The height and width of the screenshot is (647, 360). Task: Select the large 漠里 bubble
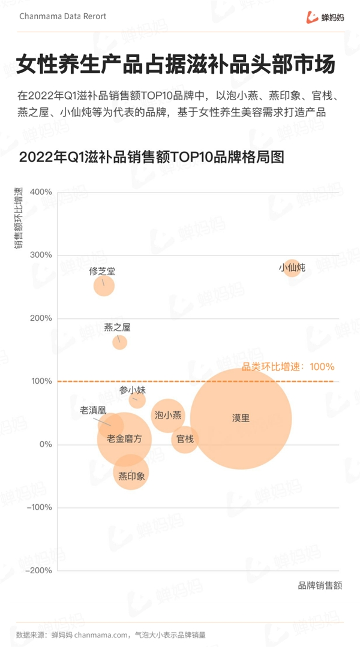tap(241, 418)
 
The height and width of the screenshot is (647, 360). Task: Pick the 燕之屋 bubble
tap(120, 342)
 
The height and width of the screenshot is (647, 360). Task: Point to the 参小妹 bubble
tap(137, 399)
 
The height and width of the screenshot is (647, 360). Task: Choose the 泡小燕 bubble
tap(168, 415)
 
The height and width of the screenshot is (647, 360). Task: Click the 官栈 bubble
tap(185, 440)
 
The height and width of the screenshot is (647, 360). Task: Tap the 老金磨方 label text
tap(125, 439)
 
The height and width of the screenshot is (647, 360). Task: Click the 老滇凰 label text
tap(93, 411)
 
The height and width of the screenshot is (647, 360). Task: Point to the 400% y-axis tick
tap(41, 192)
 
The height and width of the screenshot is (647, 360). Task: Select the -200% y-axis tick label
tap(39, 571)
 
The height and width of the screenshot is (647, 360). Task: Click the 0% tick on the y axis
tap(46, 444)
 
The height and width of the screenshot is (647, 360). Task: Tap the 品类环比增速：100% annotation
tap(287, 367)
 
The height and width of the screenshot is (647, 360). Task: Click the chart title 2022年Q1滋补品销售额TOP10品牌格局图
tap(151, 158)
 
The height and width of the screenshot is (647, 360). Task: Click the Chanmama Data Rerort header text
tap(62, 16)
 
